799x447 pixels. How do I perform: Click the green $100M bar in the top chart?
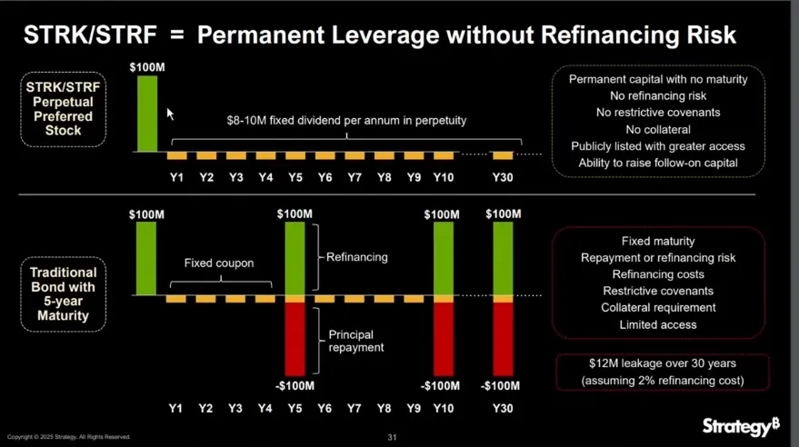[146, 113]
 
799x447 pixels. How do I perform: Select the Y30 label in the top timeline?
[503, 177]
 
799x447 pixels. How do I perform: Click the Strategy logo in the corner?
[741, 426]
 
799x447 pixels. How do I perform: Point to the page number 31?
[393, 437]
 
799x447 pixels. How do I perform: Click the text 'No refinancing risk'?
[658, 95]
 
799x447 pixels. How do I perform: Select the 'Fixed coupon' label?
[219, 263]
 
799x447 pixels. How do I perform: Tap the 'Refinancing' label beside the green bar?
[357, 257]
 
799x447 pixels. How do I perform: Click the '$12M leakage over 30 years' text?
[663, 364]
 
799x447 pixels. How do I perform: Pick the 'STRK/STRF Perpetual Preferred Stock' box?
[63, 108]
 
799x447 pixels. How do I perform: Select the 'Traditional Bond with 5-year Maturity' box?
[63, 293]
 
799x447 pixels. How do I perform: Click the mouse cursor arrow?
[169, 114]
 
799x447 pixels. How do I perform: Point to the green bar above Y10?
[443, 258]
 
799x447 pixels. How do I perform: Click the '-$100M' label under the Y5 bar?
[295, 386]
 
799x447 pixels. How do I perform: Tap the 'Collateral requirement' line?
[658, 308]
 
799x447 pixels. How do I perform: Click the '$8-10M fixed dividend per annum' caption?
[346, 121]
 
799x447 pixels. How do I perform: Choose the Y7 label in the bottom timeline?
[355, 409]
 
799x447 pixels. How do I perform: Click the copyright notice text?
[69, 437]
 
